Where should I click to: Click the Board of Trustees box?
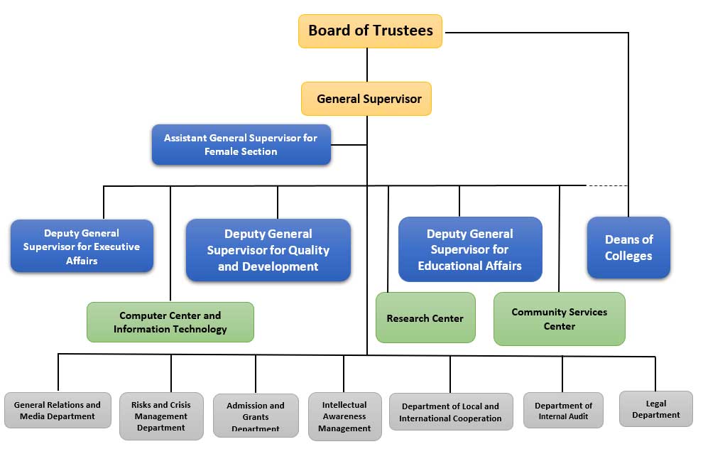pyautogui.click(x=370, y=31)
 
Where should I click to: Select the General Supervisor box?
pyautogui.click(x=366, y=99)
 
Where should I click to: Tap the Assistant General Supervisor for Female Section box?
pyautogui.click(x=241, y=145)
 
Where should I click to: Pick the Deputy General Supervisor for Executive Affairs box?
pyautogui.click(x=82, y=247)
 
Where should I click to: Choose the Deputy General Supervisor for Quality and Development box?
pyautogui.click(x=268, y=250)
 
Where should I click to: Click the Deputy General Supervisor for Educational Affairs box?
pyautogui.click(x=469, y=249)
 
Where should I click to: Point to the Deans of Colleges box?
pyautogui.click(x=628, y=247)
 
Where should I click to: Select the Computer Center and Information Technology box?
pyautogui.click(x=170, y=322)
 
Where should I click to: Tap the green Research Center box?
pyautogui.click(x=425, y=318)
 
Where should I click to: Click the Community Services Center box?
pyautogui.click(x=559, y=319)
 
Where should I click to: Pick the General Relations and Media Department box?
pyautogui.click(x=58, y=410)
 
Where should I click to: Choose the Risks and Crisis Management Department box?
pyautogui.click(x=160, y=416)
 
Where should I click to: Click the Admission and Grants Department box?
pyautogui.click(x=256, y=416)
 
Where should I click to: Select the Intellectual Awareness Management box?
pyautogui.click(x=344, y=416)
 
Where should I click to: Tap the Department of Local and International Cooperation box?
pyautogui.click(x=450, y=411)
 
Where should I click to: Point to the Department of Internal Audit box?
pyautogui.click(x=563, y=411)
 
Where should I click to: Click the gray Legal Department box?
pyautogui.click(x=655, y=409)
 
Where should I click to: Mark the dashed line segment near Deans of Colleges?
pyautogui.click(x=607, y=185)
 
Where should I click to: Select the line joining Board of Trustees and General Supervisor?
pyautogui.click(x=367, y=65)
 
